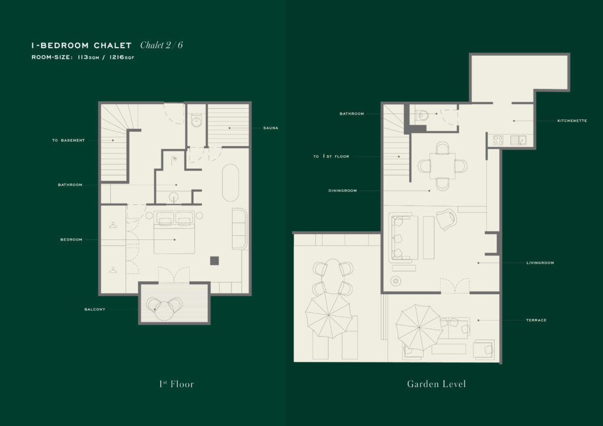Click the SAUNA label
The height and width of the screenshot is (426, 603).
[270, 128]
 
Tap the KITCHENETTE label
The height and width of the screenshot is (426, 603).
[572, 121]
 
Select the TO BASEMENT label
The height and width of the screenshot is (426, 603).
[68, 140]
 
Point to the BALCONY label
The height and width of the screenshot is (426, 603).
[95, 309]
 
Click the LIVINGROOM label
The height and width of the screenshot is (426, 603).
[540, 263]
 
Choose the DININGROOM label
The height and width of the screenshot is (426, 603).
[342, 191]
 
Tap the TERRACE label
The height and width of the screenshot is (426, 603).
[536, 320]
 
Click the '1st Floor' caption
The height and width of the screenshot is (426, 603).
[177, 384]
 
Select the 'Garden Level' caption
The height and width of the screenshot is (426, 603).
[436, 384]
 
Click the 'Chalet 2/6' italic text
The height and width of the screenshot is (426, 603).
[161, 45]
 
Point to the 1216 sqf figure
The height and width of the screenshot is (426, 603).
[122, 57]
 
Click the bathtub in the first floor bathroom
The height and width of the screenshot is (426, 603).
[230, 182]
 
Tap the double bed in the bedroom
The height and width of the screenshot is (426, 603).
[174, 232]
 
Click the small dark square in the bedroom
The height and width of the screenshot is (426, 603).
[214, 261]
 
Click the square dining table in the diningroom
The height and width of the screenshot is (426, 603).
[443, 166]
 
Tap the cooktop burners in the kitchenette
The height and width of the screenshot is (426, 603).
[498, 140]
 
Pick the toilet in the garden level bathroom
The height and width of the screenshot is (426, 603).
[422, 115]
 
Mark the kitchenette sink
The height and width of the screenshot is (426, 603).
[518, 140]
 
